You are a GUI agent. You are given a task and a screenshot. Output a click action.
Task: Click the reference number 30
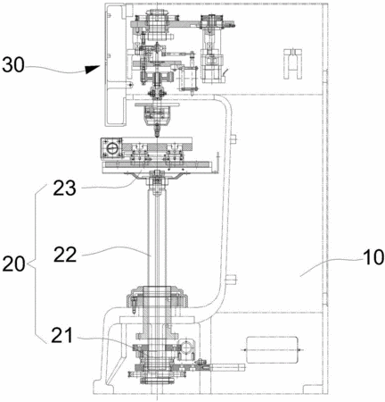[12, 65]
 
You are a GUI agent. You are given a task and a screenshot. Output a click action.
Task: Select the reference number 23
[64, 188]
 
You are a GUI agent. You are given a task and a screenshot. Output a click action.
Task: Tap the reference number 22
[65, 255]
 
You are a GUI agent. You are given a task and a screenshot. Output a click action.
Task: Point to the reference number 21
[61, 335]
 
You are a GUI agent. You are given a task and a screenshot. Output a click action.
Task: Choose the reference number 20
[13, 264]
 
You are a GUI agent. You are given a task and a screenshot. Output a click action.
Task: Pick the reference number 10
[373, 257]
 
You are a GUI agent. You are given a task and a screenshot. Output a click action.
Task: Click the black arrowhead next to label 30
[92, 69]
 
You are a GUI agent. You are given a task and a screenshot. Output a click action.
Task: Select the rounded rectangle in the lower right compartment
[272, 350]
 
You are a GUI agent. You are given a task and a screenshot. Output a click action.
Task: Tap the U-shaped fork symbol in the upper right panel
[292, 63]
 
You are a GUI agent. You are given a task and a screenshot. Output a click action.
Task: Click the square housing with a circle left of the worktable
[111, 148]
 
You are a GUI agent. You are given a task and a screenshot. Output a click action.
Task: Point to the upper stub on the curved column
[233, 138]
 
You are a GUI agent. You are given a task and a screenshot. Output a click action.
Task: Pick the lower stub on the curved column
[232, 279]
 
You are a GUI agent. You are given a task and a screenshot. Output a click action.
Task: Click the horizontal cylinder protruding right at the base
[227, 367]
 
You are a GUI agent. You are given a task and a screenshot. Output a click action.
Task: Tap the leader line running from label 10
[331, 267]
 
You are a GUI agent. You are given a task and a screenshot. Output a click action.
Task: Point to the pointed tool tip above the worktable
[157, 131]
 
